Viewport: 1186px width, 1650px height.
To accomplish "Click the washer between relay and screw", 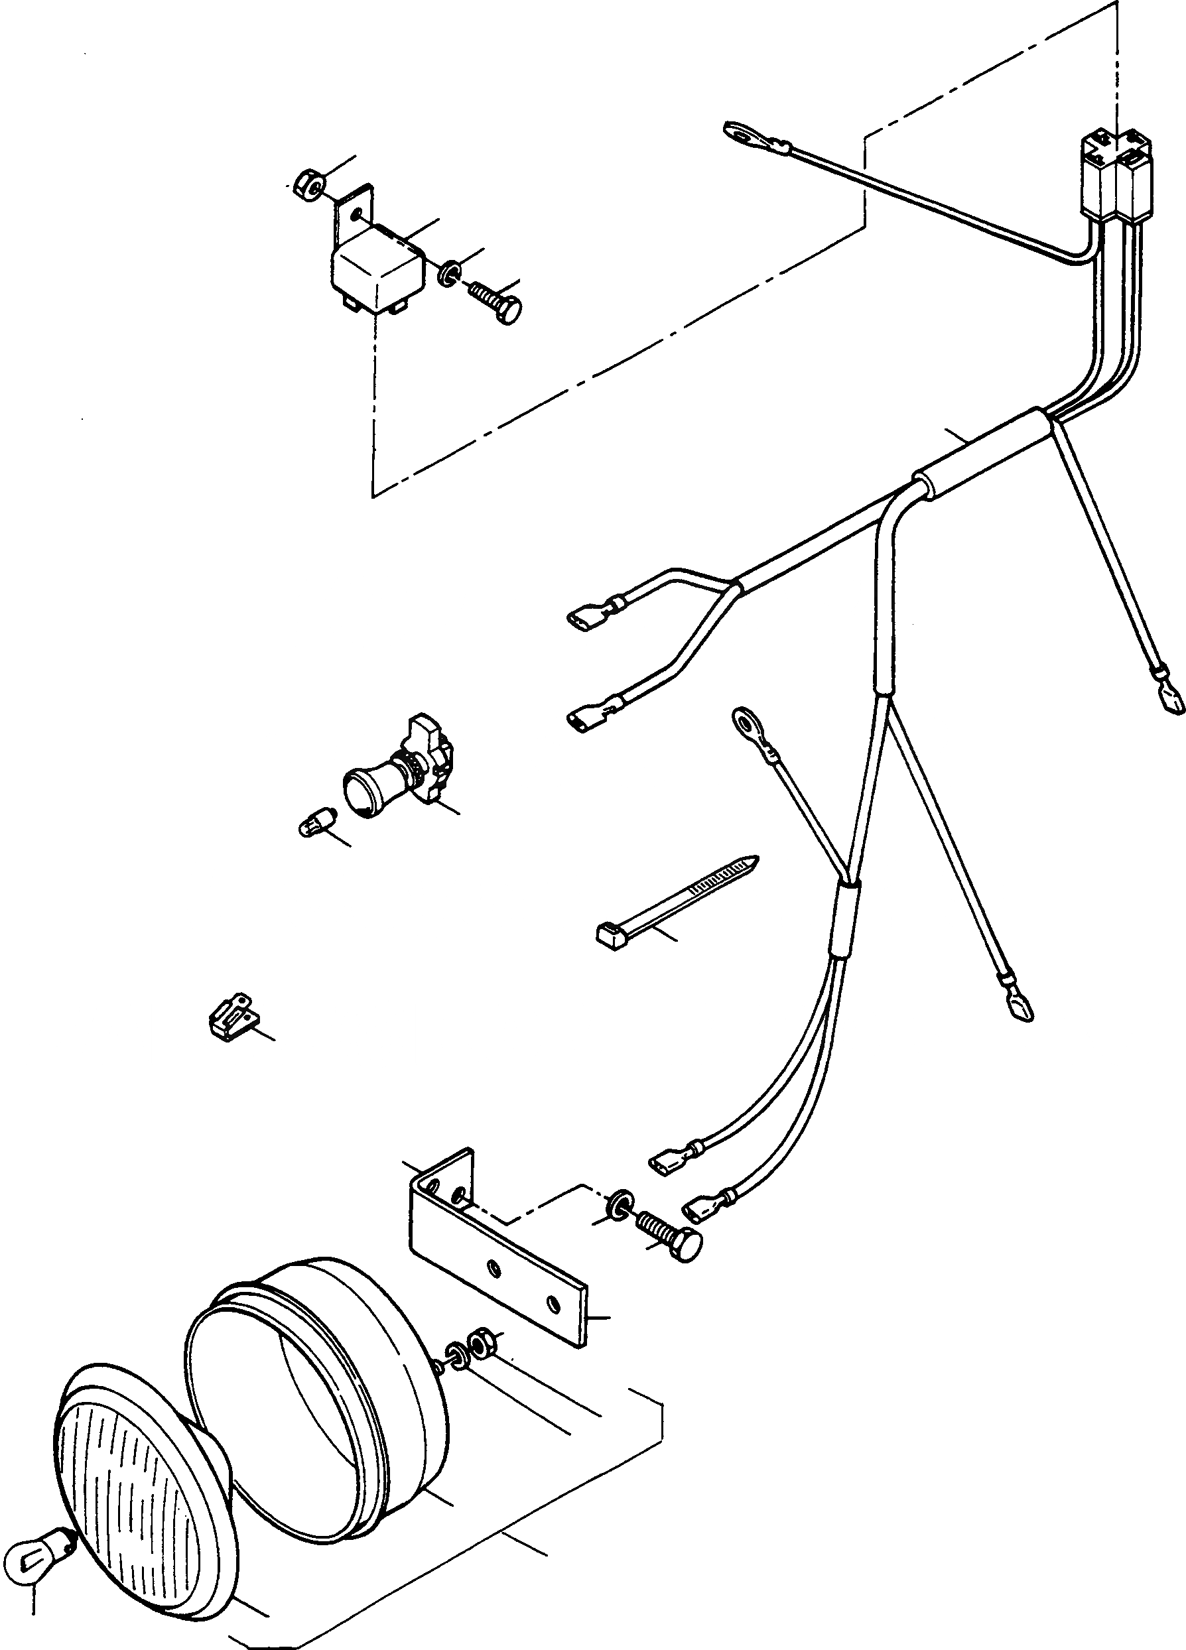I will [x=449, y=272].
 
